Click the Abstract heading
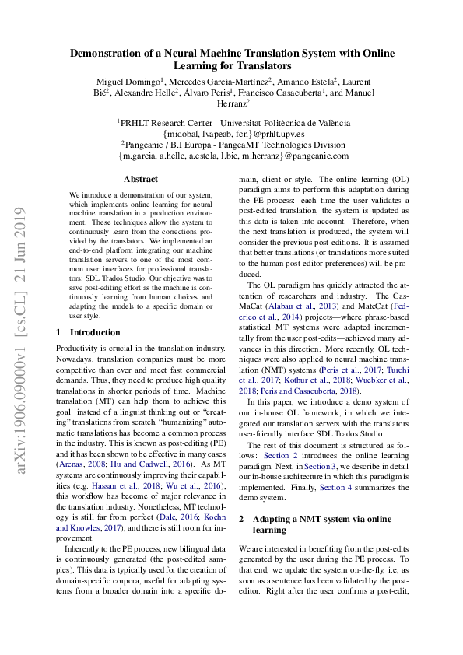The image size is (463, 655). [x=141, y=179]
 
